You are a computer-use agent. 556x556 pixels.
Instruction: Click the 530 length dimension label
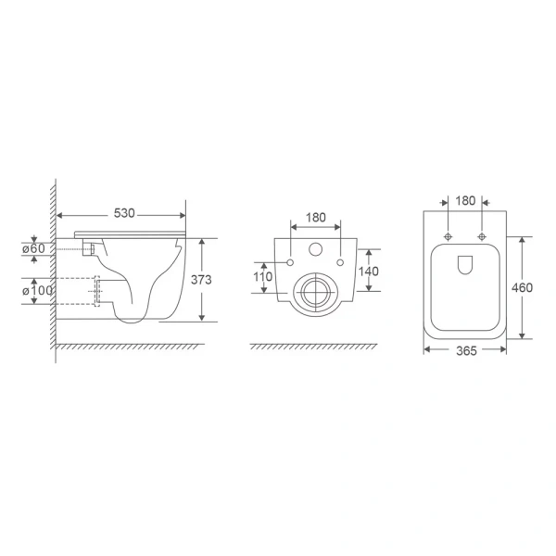coord(124,213)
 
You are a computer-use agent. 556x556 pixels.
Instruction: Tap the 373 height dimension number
coord(201,280)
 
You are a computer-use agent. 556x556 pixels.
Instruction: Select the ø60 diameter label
coord(33,248)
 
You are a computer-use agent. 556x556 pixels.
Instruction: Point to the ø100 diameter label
coord(37,291)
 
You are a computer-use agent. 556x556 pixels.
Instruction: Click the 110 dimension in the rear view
coord(263,276)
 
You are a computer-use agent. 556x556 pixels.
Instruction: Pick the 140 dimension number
coord(369,272)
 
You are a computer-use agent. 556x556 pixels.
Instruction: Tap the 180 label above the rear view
coord(316,218)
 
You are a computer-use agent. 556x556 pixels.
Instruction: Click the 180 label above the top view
coord(465,201)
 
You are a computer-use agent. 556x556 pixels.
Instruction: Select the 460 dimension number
coord(522,287)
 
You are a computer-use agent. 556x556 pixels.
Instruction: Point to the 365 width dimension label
coord(466,351)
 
